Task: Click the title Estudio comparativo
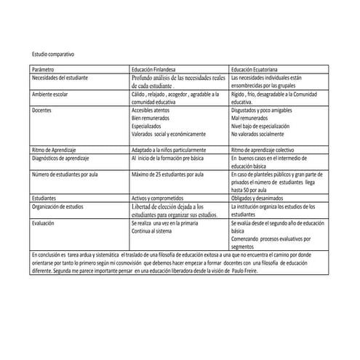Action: pyautogui.click(x=52, y=55)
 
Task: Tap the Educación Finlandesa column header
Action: pyautogui.click(x=156, y=68)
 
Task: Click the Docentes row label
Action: pyautogui.click(x=42, y=108)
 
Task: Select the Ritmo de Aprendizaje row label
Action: pyautogui.click(x=55, y=148)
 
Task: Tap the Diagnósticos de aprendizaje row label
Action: pyautogui.click(x=63, y=156)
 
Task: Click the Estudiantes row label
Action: pyautogui.click(x=45, y=197)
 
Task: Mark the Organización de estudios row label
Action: pyautogui.click(x=60, y=206)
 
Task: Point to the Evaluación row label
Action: pyautogui.click(x=45, y=224)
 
